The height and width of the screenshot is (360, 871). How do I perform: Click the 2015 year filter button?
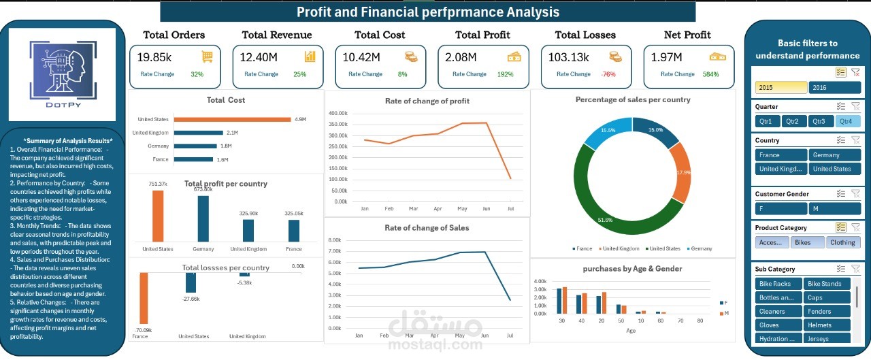click(780, 87)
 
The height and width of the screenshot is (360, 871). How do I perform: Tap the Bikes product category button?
click(807, 242)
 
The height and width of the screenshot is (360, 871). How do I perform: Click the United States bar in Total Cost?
click(232, 119)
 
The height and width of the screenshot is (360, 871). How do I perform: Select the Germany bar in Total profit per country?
click(203, 218)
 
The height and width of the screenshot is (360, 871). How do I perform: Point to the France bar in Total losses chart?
click(143, 297)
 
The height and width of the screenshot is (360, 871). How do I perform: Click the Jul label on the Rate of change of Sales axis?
click(510, 336)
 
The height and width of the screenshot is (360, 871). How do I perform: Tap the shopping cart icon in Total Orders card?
click(207, 56)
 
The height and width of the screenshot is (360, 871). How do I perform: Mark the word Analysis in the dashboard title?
click(529, 12)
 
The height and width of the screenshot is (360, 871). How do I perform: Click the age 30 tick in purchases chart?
click(561, 321)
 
